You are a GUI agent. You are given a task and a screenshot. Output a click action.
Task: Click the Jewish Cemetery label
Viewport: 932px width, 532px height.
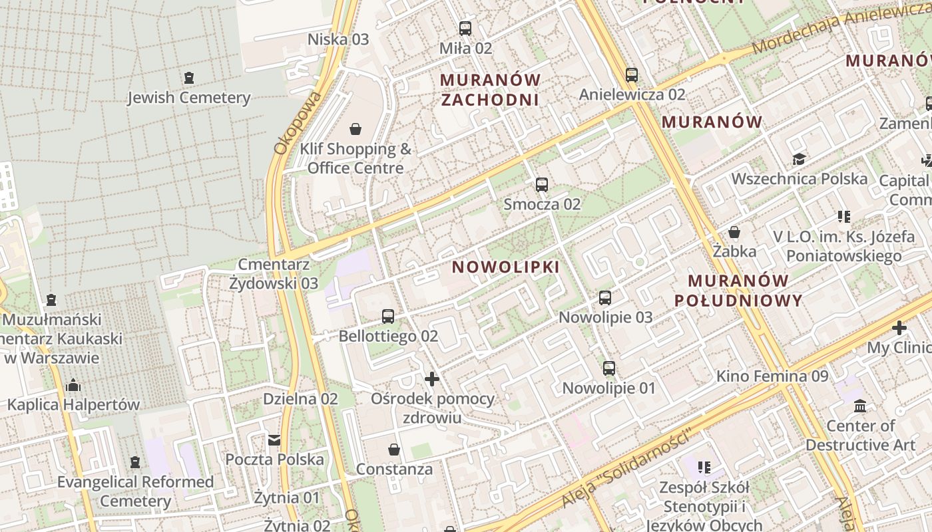(189, 98)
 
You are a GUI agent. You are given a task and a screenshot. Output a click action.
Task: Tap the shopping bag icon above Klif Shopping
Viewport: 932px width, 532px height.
(355, 128)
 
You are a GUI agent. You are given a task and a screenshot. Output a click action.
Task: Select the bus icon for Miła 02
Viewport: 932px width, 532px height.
(465, 29)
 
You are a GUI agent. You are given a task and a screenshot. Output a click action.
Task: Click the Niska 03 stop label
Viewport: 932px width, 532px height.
(338, 39)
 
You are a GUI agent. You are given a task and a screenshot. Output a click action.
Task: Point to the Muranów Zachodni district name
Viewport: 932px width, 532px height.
(490, 90)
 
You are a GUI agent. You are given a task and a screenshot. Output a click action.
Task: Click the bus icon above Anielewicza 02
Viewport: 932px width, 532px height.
(632, 75)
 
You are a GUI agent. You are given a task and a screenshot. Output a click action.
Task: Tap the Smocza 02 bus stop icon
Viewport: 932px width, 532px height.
(542, 185)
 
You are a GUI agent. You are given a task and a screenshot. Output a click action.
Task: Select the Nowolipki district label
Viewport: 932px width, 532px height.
(506, 267)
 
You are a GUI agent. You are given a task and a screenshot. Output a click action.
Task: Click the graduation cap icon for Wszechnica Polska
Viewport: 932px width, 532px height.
(799, 159)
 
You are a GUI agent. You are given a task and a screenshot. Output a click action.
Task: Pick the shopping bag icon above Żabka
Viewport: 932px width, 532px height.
(734, 232)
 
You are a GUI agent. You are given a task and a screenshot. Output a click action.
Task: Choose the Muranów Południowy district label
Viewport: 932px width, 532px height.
(738, 291)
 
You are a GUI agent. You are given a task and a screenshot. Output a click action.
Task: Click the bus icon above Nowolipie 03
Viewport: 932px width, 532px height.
(605, 298)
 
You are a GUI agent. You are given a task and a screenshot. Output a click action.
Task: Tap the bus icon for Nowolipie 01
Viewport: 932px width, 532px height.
(609, 368)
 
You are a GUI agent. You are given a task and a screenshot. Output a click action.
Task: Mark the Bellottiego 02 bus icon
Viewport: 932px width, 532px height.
(388, 317)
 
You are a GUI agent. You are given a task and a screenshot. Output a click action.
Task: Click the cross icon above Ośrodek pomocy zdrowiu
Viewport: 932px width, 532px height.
(432, 379)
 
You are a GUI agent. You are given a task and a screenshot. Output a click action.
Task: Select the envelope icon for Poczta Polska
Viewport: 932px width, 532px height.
(274, 440)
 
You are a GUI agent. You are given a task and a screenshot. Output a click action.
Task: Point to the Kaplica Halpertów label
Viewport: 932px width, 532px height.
(73, 404)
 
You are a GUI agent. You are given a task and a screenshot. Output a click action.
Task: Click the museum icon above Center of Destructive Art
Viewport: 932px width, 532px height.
(860, 406)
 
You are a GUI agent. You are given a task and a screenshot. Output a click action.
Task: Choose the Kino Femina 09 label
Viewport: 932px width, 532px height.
(772, 376)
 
